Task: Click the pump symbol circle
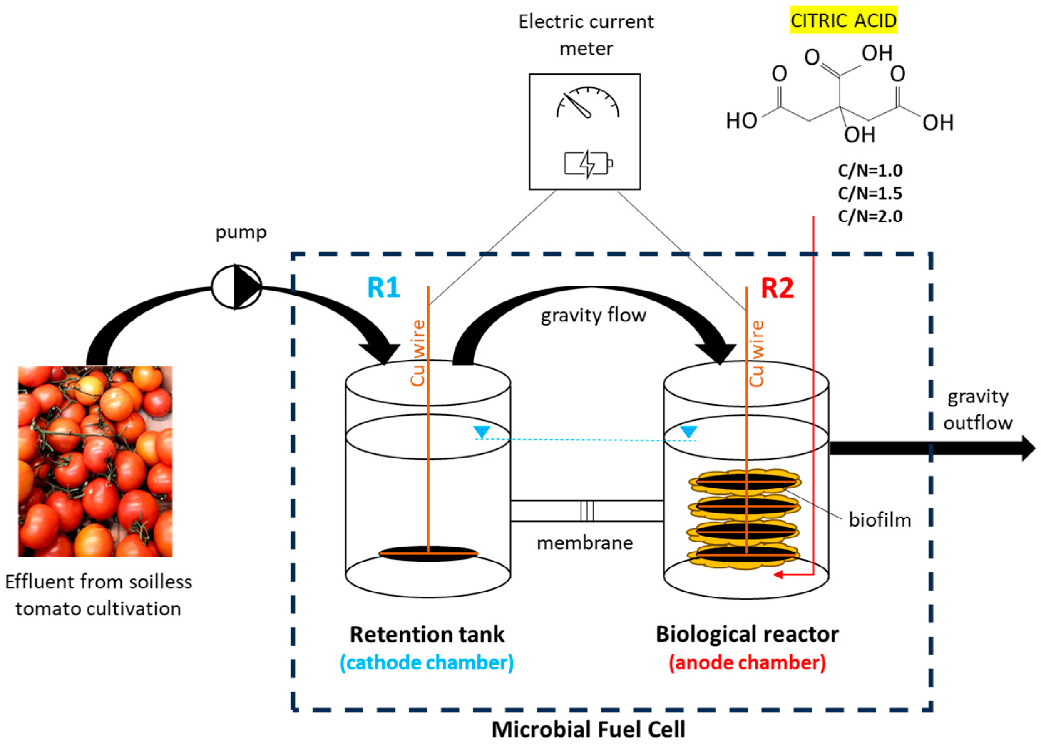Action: pyautogui.click(x=236, y=287)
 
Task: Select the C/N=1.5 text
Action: pyautogui.click(x=870, y=193)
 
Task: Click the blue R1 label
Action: pyautogui.click(x=383, y=288)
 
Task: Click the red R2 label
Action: pyautogui.click(x=777, y=288)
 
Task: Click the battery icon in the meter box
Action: pyautogui.click(x=588, y=164)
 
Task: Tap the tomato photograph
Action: pyautogui.click(x=95, y=461)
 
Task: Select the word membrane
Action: pyautogui.click(x=584, y=543)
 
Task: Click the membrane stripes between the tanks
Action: pyautogui.click(x=586, y=511)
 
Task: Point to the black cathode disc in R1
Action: pyautogui.click(x=428, y=553)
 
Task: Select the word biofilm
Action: pyautogui.click(x=880, y=520)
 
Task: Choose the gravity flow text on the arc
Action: pyautogui.click(x=593, y=315)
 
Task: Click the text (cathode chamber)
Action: pyautogui.click(x=426, y=662)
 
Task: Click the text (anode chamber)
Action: pyautogui.click(x=747, y=662)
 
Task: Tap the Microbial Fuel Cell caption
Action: pyautogui.click(x=588, y=729)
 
